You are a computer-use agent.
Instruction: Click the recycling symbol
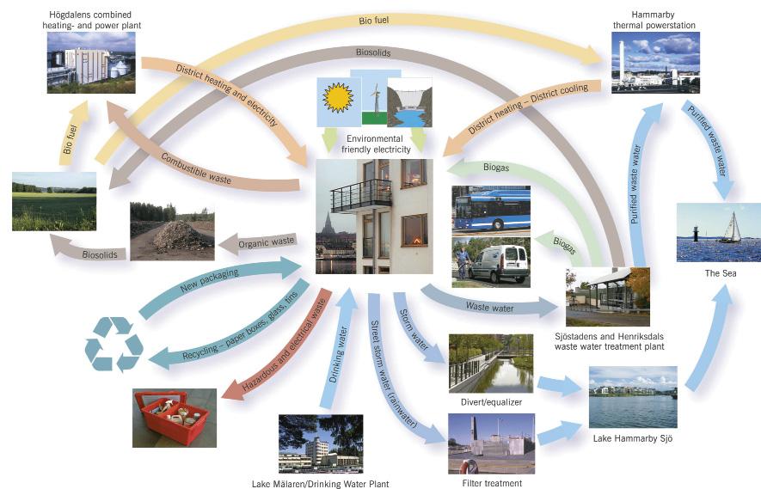click(113, 344)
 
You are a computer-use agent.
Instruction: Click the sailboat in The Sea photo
click(731, 228)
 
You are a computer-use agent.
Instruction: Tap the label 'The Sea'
click(718, 273)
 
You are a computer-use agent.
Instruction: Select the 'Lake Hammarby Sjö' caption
click(632, 438)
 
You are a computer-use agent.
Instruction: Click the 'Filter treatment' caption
click(491, 483)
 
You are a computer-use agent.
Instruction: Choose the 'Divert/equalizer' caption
click(490, 401)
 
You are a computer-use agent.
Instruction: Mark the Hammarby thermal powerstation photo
click(655, 62)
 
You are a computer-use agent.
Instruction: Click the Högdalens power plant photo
click(91, 62)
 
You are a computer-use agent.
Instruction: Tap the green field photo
click(53, 201)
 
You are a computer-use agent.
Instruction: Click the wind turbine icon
click(374, 96)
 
